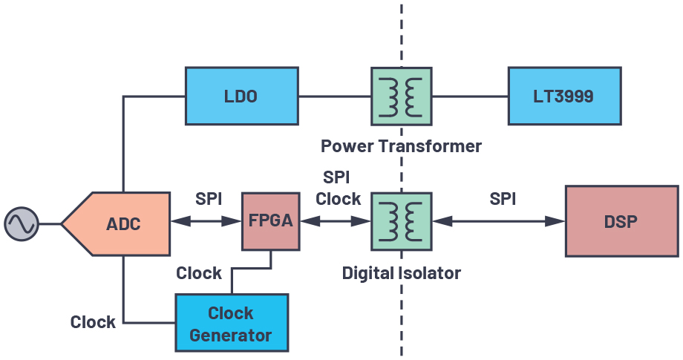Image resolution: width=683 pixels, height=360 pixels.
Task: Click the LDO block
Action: point(241,96)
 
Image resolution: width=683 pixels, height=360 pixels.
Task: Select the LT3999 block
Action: point(563,96)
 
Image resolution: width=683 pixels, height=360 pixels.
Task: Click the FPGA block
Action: point(270,221)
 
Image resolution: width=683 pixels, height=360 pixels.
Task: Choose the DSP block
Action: point(621,221)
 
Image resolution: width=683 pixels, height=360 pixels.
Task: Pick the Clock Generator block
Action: point(231,323)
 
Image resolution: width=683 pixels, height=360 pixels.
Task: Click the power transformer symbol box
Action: point(401,96)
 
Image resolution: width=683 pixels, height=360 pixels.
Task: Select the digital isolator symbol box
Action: point(401,221)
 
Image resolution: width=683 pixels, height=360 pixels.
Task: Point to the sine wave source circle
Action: point(21,223)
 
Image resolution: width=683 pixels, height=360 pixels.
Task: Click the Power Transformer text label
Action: point(401,145)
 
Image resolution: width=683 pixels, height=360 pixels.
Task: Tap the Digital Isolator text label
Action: point(401,273)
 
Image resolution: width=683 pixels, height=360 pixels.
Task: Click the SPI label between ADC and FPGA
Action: point(208,199)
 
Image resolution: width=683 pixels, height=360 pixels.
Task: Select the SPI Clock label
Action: point(338,189)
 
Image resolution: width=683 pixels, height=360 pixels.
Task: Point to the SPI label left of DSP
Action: point(503,199)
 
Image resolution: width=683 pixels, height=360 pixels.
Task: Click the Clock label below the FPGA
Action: point(198,273)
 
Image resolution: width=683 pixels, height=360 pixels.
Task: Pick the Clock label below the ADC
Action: point(93,322)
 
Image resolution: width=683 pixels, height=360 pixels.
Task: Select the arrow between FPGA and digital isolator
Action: point(335,221)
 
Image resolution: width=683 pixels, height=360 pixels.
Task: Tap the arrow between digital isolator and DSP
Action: point(498,221)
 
